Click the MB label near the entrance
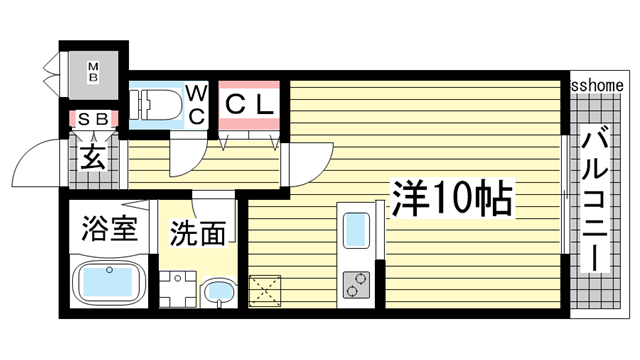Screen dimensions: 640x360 pos(92,74)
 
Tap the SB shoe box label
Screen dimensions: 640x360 pos(92,120)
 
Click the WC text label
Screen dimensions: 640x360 pos(197,103)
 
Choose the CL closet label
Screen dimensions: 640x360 pos(249,102)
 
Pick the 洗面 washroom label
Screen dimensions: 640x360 pos(196,234)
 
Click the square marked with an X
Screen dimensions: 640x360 pos(269,293)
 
